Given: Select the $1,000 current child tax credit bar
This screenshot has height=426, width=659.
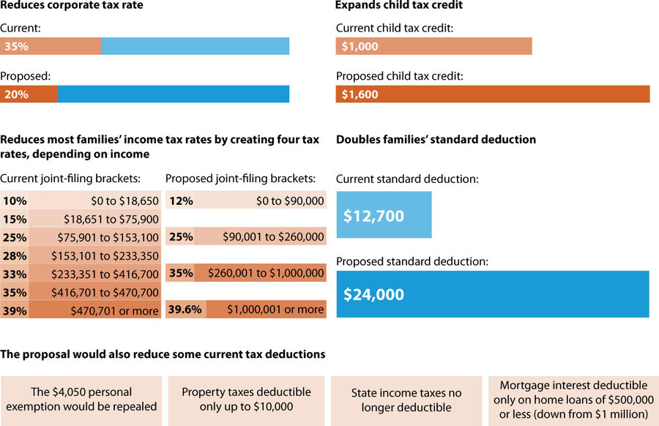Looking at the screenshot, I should tap(433, 46).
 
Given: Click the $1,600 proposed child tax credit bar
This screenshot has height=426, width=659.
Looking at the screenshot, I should tap(492, 94).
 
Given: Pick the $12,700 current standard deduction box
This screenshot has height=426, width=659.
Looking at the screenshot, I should tap(384, 215).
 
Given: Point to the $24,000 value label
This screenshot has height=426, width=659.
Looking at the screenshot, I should tap(373, 294).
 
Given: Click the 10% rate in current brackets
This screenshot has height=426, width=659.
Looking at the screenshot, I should tap(14, 201).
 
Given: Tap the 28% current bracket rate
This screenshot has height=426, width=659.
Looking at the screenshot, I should tap(14, 255).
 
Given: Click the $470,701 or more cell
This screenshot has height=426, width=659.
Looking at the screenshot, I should tap(114, 310).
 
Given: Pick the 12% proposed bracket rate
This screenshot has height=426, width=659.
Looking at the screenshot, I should tap(180, 201).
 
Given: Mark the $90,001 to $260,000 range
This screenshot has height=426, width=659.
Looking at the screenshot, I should tap(267, 236).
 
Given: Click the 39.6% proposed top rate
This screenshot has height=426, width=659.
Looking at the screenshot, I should tap(185, 309).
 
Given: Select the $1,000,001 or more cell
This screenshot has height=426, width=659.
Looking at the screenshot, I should tap(275, 309).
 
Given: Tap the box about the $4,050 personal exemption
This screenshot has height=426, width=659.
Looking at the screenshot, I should tap(81, 400).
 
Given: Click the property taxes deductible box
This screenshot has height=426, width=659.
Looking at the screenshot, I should tap(246, 400).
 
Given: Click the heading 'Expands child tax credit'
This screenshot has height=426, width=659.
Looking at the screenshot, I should tap(398, 5).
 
